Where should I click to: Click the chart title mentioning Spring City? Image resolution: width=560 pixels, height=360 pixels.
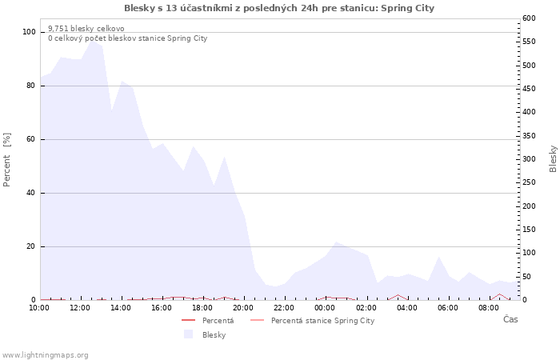click(x=279, y=8)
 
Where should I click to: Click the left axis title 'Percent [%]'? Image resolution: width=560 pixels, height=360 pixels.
click(x=7, y=159)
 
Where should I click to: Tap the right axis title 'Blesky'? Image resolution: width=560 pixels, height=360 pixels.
click(x=553, y=158)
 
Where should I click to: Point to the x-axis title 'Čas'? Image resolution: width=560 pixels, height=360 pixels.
click(x=510, y=319)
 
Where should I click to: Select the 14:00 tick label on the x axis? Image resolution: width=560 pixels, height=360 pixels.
click(x=122, y=307)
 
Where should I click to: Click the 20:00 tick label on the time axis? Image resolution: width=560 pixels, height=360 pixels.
click(x=243, y=307)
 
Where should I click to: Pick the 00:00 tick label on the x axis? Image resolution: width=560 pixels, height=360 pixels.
click(x=326, y=307)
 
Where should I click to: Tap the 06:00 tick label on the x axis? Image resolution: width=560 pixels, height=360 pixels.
click(x=448, y=307)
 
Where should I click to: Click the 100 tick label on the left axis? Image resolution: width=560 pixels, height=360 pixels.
click(x=29, y=32)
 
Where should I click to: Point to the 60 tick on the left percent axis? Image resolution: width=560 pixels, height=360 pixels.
click(x=31, y=139)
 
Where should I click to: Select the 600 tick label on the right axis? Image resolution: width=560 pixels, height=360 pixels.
click(x=530, y=18)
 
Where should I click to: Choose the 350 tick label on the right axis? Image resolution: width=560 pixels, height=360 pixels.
click(x=530, y=135)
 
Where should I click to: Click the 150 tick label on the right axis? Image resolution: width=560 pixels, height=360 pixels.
click(x=530, y=230)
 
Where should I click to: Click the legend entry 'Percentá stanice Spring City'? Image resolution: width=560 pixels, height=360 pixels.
click(x=322, y=321)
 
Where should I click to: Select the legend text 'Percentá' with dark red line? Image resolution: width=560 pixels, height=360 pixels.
click(x=218, y=321)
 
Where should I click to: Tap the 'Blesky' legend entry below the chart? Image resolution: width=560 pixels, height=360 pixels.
click(x=214, y=335)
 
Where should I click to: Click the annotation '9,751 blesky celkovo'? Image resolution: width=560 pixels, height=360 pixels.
click(x=86, y=29)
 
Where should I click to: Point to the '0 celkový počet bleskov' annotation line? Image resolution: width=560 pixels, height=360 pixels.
click(x=127, y=38)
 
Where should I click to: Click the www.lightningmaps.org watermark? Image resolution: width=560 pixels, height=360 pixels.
click(x=45, y=355)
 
